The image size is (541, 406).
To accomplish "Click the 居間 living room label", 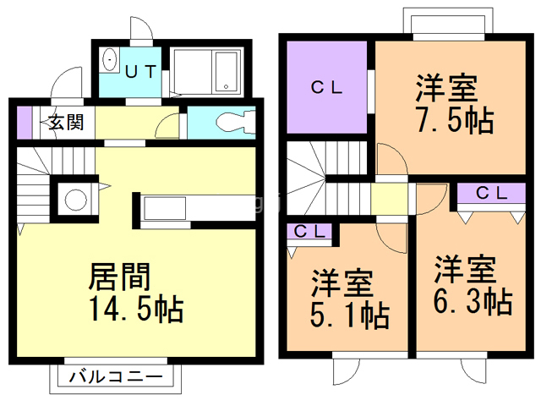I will click(x=120, y=277).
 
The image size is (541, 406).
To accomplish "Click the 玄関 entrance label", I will click(x=64, y=122).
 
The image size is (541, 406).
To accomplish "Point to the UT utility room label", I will click(x=140, y=71).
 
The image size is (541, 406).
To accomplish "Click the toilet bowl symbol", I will click(x=232, y=123).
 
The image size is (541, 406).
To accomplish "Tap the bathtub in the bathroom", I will click(x=227, y=70).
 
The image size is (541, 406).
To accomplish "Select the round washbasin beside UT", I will click(x=109, y=61).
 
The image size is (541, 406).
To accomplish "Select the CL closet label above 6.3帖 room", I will click(x=489, y=193).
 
